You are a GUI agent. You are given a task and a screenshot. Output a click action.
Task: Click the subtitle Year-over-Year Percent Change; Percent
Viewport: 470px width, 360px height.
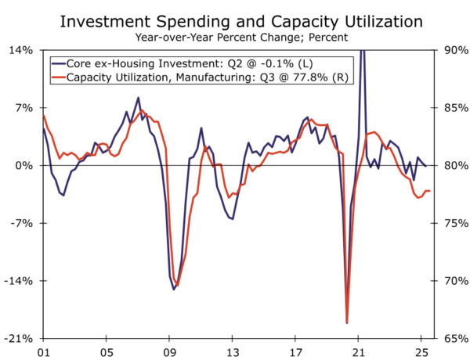tap(235, 36)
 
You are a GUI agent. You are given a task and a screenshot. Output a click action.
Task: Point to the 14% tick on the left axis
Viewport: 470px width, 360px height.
tap(21, 50)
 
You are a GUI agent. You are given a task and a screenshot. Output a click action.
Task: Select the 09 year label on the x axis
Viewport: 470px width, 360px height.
tap(169, 351)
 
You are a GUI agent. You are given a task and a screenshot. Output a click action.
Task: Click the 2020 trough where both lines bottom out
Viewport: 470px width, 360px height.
tap(346, 322)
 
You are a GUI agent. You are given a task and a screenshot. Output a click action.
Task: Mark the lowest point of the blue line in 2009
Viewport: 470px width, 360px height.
tap(174, 290)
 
